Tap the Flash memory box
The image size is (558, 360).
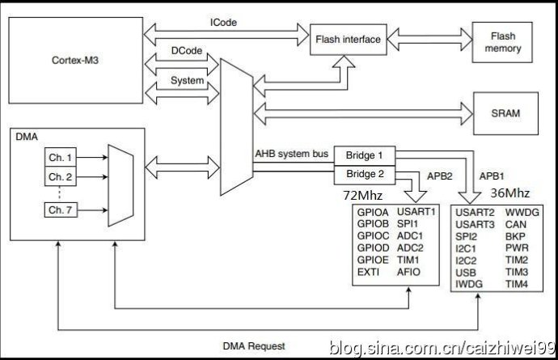(502, 42)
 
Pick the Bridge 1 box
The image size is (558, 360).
(363, 155)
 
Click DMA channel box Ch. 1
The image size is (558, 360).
(60, 155)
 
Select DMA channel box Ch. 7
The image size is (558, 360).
(60, 210)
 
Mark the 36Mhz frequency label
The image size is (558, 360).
(511, 193)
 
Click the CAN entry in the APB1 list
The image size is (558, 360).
(516, 226)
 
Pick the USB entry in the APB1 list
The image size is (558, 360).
(467, 273)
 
